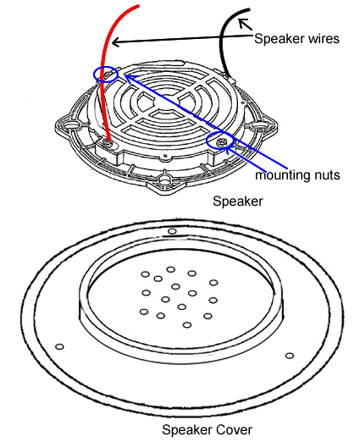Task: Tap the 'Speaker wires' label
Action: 296,38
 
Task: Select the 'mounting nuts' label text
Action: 297,175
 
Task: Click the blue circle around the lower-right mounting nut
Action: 207,141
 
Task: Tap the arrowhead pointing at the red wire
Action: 116,42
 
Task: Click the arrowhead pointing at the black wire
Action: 243,23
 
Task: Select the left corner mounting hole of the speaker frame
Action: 68,124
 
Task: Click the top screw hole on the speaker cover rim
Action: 172,231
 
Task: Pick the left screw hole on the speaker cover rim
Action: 59,346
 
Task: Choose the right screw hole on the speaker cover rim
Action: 290,356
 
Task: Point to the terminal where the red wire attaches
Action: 109,143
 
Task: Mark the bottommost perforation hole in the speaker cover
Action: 186,325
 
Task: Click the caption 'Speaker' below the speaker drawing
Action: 237,202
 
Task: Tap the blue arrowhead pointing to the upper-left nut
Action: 128,77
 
